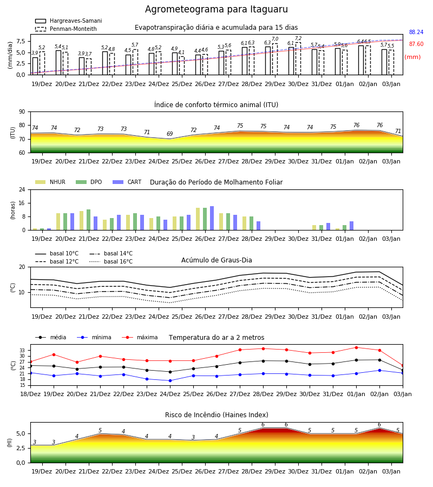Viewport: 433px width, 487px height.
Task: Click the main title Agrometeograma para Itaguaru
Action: (216, 9)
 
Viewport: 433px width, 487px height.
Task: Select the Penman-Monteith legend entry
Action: (66, 29)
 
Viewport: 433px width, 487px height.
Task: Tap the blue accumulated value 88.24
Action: (416, 32)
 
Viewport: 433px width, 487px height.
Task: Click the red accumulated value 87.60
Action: (416, 44)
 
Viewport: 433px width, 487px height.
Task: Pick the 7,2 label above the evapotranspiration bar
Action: (298, 38)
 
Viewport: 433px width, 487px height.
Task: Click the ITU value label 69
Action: (169, 134)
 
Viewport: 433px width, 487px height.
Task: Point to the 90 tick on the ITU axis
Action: (22, 112)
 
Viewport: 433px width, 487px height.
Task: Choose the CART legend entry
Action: (127, 182)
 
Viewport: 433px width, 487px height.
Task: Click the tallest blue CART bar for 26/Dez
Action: (212, 218)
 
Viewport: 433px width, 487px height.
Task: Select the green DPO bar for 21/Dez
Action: (89, 220)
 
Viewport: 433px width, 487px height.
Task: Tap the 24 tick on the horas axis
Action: (22, 189)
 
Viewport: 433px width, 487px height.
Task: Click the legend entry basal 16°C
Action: (111, 261)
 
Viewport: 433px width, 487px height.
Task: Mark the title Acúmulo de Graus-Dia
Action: (216, 260)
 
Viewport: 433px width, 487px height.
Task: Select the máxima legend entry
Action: (140, 337)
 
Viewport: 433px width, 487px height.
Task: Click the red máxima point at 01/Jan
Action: (356, 347)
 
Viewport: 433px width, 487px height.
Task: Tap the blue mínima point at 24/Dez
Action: (170, 381)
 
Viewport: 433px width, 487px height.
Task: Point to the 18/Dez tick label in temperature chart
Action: (30, 394)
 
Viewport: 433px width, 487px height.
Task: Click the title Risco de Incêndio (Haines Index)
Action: (216, 415)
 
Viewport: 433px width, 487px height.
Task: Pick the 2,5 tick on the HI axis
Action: (21, 448)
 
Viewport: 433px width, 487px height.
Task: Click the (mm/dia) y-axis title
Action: (10, 55)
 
